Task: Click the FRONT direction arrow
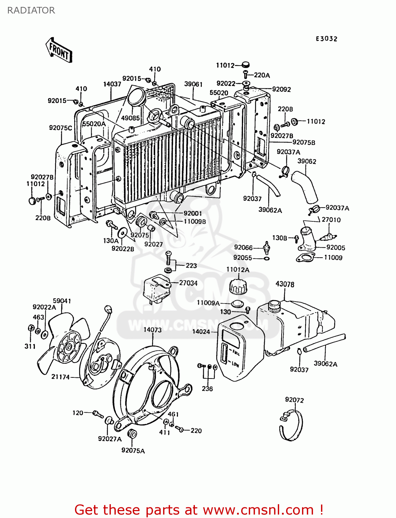[59, 50]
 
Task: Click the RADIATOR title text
[31, 10]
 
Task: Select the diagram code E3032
[326, 39]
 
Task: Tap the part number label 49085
[130, 118]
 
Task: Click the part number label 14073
[152, 330]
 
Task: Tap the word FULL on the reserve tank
[236, 353]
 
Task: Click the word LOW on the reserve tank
[235, 364]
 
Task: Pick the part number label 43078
[285, 284]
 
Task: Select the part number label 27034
[188, 283]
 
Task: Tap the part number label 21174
[60, 377]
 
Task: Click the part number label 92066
[243, 247]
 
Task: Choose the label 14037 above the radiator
[112, 84]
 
